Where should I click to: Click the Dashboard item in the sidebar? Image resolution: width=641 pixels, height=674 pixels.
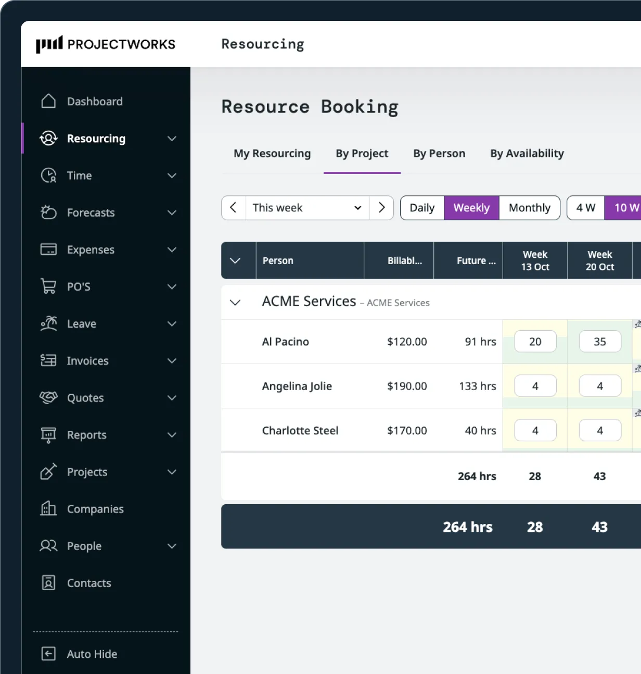click(x=94, y=102)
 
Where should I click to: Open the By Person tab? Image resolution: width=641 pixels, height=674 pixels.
click(x=439, y=154)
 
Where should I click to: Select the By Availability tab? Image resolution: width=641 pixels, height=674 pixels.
click(x=527, y=154)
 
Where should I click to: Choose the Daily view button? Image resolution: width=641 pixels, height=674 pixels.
click(x=422, y=208)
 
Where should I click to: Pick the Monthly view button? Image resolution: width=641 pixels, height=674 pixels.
click(x=529, y=208)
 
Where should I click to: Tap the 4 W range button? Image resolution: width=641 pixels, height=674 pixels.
click(x=585, y=208)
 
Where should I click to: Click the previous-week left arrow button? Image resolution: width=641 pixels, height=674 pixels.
click(x=234, y=208)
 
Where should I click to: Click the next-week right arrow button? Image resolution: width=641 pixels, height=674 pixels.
click(x=381, y=208)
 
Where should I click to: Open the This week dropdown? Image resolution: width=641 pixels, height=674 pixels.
click(x=307, y=208)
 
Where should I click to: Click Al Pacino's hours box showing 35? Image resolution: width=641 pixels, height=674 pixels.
click(x=599, y=342)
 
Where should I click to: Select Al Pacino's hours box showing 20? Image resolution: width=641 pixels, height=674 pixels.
click(x=535, y=342)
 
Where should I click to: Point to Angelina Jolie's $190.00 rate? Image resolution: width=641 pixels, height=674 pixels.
click(x=407, y=386)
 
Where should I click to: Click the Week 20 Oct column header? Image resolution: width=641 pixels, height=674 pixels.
click(x=599, y=260)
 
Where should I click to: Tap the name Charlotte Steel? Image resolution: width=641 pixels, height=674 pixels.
click(x=300, y=431)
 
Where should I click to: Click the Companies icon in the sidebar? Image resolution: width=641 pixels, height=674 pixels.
click(x=48, y=508)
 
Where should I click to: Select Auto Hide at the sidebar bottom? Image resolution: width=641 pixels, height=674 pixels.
click(x=92, y=654)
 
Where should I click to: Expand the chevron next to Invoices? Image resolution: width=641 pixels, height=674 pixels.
click(x=172, y=361)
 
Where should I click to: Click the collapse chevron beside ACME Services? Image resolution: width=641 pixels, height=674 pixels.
click(x=235, y=302)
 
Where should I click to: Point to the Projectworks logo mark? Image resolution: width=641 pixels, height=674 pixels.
click(x=49, y=44)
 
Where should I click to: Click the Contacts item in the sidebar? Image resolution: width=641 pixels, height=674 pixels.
click(x=88, y=583)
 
